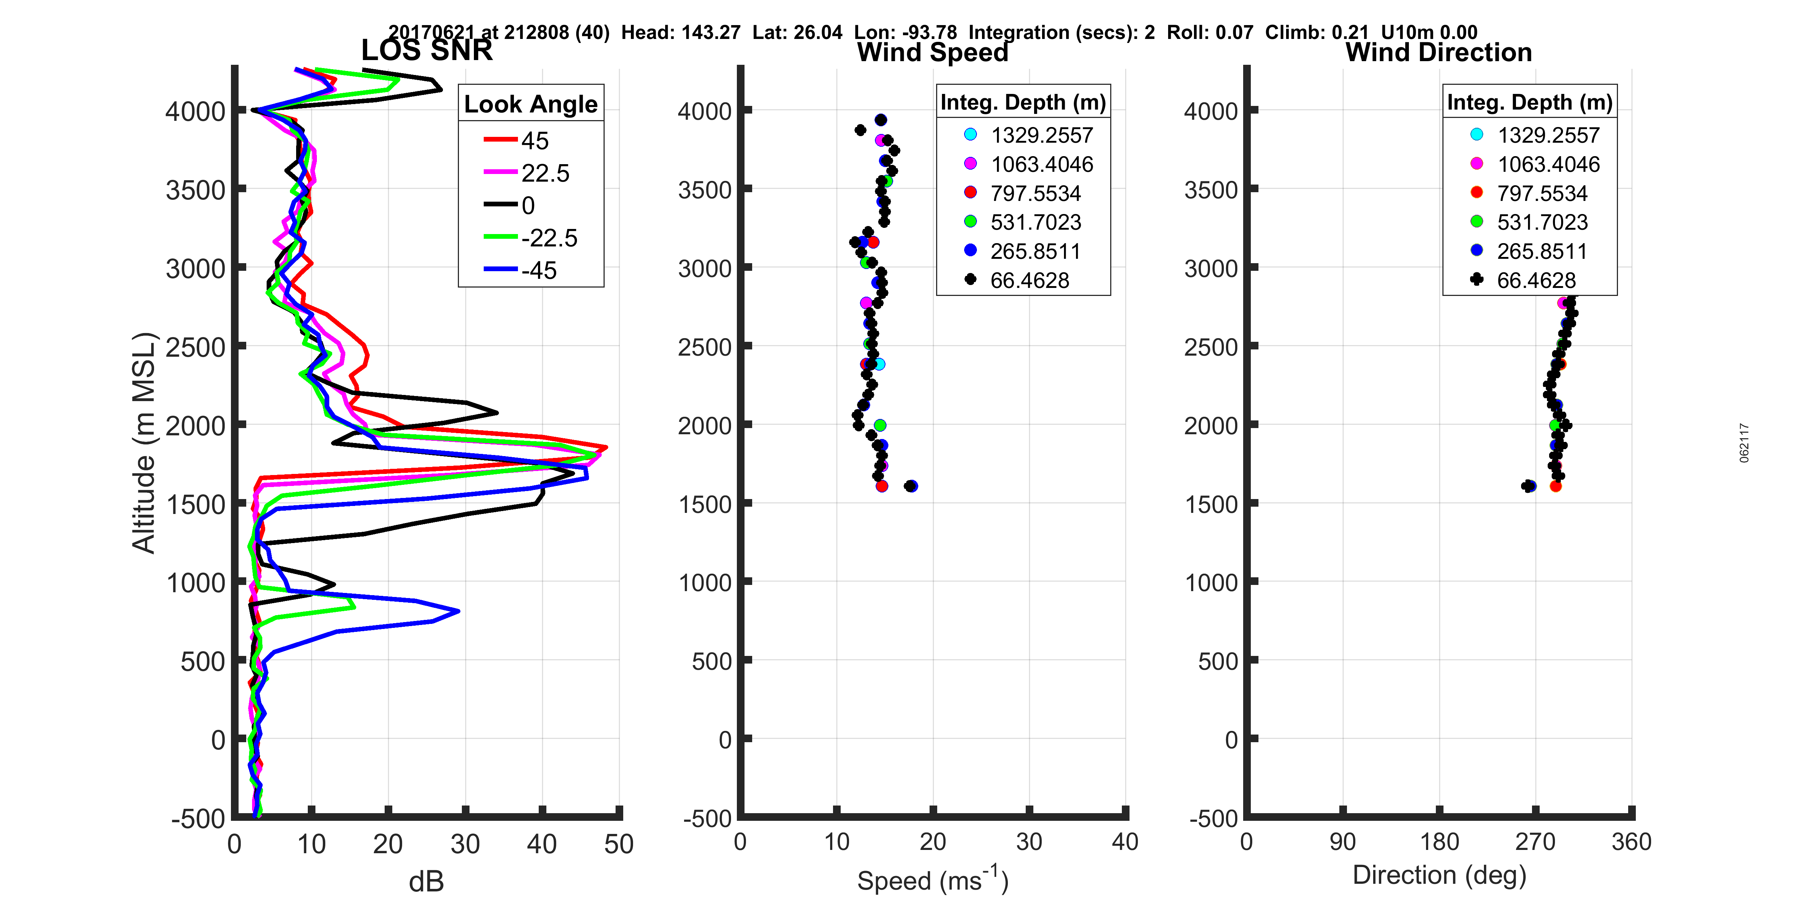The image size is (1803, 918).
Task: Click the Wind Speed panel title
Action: pos(932,52)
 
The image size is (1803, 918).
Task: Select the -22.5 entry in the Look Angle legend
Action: pos(549,238)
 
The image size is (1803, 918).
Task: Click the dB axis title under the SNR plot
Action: pos(426,882)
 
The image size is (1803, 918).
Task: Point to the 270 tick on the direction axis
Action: pos(1535,842)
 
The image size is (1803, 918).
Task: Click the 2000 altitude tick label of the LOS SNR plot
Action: pos(195,426)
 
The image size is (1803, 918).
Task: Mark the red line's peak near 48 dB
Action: pos(606,447)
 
